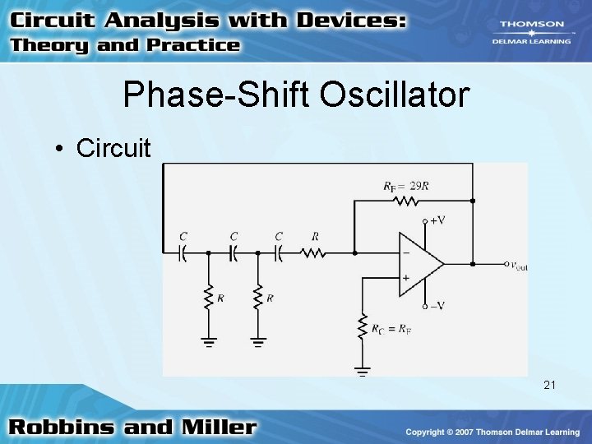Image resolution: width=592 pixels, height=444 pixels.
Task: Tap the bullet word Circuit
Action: click(113, 148)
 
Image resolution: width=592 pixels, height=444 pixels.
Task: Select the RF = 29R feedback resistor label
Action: click(405, 186)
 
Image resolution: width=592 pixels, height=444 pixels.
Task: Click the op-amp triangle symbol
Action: click(419, 264)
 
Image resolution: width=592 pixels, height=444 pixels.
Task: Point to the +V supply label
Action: click(437, 220)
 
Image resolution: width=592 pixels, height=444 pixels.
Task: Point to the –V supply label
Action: click(437, 307)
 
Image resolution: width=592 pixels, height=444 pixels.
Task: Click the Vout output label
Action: click(518, 265)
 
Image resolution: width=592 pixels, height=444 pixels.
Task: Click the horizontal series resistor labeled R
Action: click(314, 253)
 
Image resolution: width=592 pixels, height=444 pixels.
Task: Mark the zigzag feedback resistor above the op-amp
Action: click(405, 201)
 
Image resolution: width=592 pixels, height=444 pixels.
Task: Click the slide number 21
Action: click(550, 384)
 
